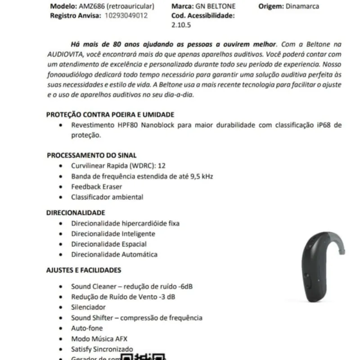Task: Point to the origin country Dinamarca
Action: (x=302, y=6)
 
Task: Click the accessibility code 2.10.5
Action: (x=181, y=25)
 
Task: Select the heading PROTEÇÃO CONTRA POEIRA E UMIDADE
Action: (x=110, y=115)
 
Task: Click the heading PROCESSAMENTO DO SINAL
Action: (x=92, y=155)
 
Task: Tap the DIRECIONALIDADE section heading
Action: (x=76, y=212)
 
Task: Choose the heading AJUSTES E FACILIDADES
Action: (x=84, y=270)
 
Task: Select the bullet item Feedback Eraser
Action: (x=96, y=186)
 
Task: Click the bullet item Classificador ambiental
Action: (x=107, y=197)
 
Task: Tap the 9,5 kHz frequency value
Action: (x=200, y=176)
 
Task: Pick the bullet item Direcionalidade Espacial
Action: (x=108, y=244)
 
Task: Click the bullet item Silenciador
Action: (x=88, y=307)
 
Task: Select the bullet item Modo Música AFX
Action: (x=96, y=338)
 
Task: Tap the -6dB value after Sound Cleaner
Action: (x=186, y=286)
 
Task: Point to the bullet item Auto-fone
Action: (x=87, y=328)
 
